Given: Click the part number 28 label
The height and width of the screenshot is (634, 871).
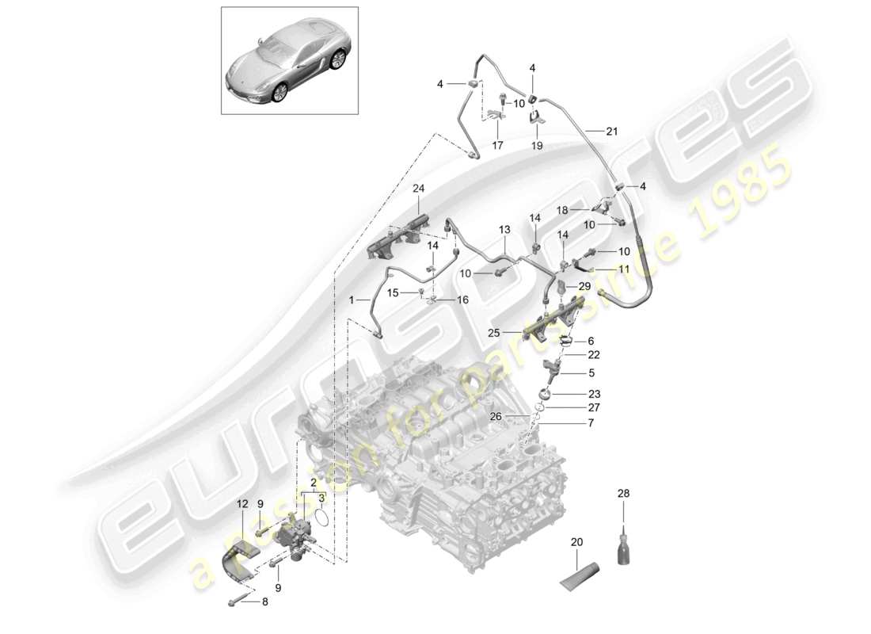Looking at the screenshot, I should pos(624,494).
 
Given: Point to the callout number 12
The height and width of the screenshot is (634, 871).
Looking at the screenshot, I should pos(242,503).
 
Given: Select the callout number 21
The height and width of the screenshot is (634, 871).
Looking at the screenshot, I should pos(611,131).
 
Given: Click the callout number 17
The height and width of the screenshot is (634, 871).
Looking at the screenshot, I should pos(497,145).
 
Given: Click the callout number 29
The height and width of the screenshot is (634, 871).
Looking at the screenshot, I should pos(584,285).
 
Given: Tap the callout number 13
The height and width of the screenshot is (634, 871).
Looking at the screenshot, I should pos(504,229).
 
